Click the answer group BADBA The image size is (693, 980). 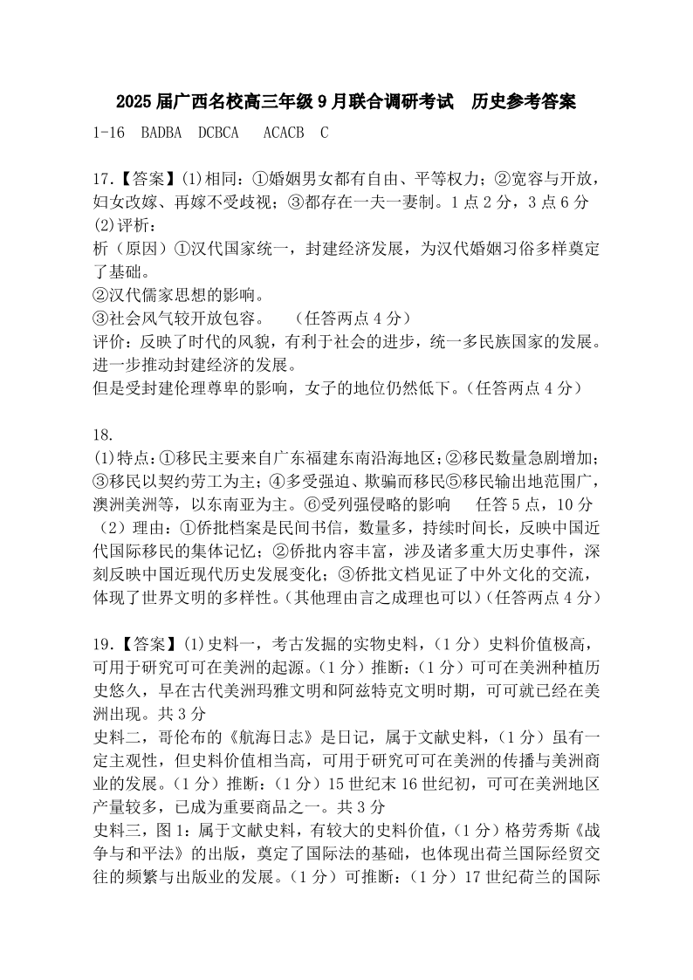tap(161, 133)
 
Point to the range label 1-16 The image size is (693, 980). tap(109, 133)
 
